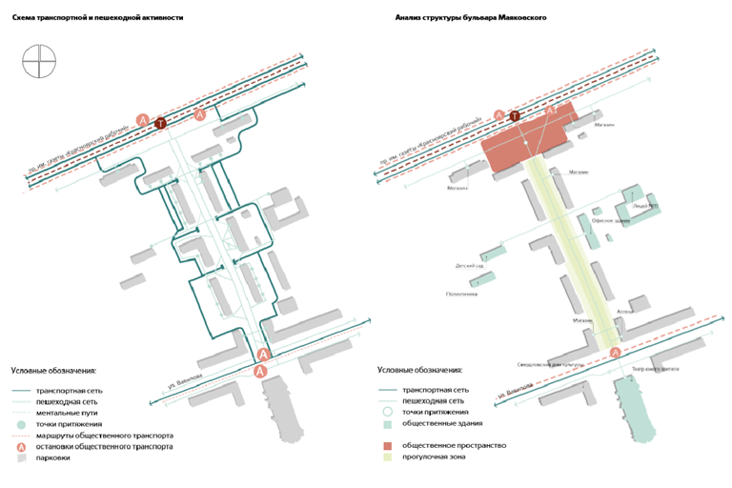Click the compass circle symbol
point(40,64)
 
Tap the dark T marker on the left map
point(161,123)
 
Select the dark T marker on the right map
point(516,116)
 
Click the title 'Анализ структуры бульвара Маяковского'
point(470,18)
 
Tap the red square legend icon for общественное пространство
point(388,445)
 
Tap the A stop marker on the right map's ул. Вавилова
point(615,353)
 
